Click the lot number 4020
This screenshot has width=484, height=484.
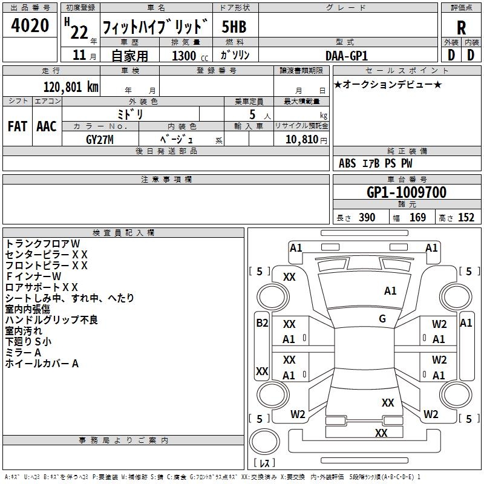[x=30, y=27]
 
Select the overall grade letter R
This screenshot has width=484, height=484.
[x=461, y=27]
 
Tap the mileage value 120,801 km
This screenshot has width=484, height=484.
[x=71, y=87]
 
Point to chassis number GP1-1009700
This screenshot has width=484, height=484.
[x=407, y=192]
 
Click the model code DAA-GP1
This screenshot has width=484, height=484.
[x=346, y=55]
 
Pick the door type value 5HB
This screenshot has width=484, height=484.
[x=234, y=27]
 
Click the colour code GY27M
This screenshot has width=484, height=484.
[x=100, y=139]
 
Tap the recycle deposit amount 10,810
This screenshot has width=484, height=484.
[x=301, y=139]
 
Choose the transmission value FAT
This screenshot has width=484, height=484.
[x=17, y=126]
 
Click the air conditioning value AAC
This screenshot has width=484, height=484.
[x=47, y=126]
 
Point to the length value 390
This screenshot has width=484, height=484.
[x=367, y=217]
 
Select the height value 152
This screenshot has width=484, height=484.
[x=466, y=217]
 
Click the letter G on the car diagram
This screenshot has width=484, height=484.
[x=382, y=319]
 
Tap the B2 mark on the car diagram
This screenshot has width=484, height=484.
[x=261, y=323]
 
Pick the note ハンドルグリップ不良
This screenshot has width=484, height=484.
[x=51, y=319]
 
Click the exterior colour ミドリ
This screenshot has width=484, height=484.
[x=129, y=114]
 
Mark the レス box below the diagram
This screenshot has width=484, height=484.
[x=264, y=463]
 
